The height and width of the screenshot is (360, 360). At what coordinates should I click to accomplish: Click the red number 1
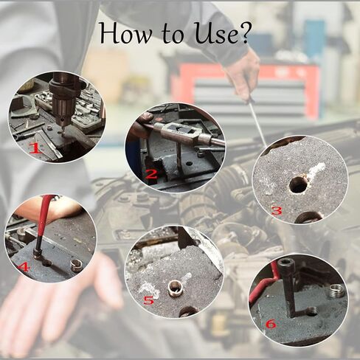[33, 148]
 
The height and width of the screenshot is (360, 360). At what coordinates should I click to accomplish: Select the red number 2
[151, 175]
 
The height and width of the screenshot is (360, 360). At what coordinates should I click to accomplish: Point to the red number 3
[277, 210]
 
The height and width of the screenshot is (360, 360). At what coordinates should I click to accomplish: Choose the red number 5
[148, 300]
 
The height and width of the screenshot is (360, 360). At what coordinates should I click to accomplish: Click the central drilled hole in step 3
[298, 184]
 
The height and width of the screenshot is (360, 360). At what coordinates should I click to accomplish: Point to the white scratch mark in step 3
[316, 171]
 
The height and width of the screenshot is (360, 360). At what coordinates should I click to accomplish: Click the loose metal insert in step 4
[75, 264]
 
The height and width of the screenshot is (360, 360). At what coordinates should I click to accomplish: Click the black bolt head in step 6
[286, 266]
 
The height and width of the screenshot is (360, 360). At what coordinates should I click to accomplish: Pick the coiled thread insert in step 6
[336, 291]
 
